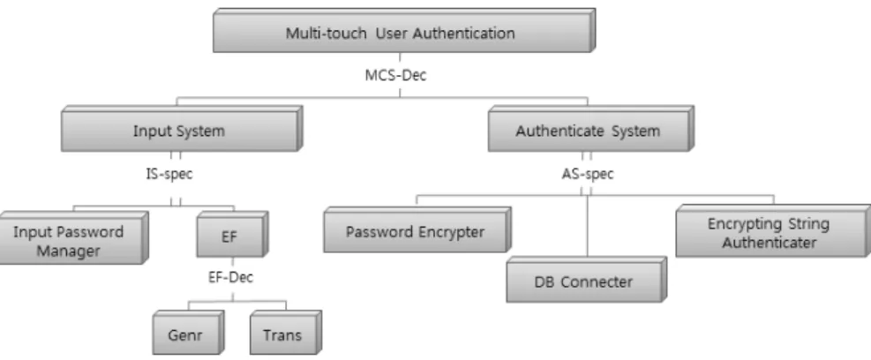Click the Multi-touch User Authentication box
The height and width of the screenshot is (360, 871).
coord(404,31)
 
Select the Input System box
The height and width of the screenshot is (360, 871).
coord(182,128)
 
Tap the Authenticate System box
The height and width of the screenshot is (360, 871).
coord(591,128)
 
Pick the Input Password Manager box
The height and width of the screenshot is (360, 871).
coord(72,237)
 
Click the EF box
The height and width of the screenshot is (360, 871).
coord(232,235)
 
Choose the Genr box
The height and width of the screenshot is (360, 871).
coord(188,333)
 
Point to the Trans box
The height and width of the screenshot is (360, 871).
coord(286,333)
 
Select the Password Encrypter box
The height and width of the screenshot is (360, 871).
coord(417,230)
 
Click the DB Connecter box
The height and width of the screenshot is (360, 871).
coord(587,280)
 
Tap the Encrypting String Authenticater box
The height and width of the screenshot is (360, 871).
coord(773,230)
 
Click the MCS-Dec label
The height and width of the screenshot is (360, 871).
coord(395,76)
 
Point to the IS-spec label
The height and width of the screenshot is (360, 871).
coord(169,174)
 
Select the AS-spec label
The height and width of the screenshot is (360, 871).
coord(588,174)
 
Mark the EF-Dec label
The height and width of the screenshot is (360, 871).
coord(230,277)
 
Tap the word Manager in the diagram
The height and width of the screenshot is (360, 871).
coord(68,251)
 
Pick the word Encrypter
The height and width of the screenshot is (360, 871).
coord(450,232)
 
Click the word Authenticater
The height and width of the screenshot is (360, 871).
coord(770,243)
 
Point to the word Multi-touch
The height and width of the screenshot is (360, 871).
coord(326,34)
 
